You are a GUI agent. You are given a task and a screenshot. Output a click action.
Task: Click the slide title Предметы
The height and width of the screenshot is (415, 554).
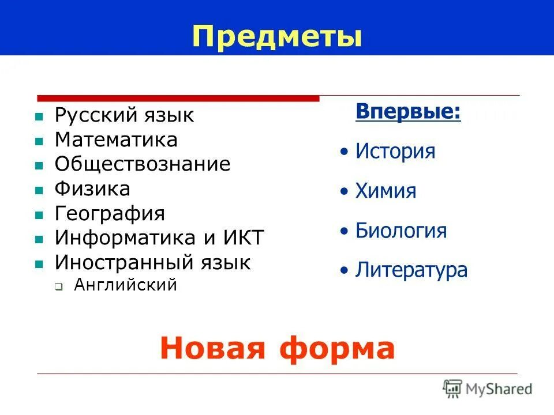pos(278,36)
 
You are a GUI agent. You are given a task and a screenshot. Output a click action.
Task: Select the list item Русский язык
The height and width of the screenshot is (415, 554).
pos(124,115)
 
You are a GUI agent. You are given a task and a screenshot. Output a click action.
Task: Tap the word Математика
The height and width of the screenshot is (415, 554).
pos(116,140)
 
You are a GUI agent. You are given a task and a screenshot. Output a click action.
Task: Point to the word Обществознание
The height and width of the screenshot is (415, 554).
pos(143,164)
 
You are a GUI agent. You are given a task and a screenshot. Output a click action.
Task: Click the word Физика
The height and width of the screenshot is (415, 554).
pos(92,188)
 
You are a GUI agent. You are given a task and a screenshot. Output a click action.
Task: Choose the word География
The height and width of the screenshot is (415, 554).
pos(110,214)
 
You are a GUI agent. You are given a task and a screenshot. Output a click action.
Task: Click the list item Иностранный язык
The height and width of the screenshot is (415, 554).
pos(152,263)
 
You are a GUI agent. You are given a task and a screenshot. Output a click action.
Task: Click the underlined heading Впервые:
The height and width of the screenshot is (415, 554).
pos(408,111)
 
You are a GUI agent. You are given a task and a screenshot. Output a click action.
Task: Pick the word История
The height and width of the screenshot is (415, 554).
pos(395,152)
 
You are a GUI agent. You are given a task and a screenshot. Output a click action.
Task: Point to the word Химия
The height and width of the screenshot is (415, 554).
pos(385,191)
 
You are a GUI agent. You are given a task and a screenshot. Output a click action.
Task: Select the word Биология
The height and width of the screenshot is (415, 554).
pos(401,231)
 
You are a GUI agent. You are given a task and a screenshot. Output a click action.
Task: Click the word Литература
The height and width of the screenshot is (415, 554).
pos(411,270)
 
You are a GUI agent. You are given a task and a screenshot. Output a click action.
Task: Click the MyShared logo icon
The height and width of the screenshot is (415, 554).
pos(453,388)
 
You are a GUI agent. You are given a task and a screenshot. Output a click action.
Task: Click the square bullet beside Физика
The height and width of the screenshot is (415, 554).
pos(39,190)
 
